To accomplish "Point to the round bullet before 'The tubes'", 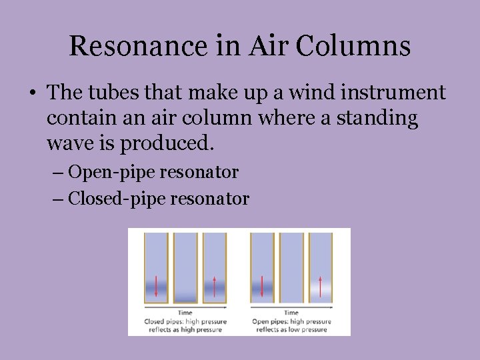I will (x=32, y=93).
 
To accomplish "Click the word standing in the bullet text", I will (x=378, y=119).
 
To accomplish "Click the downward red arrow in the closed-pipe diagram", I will (x=156, y=285).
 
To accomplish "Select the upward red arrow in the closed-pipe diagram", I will (x=214, y=285).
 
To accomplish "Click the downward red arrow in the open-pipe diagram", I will (x=262, y=285).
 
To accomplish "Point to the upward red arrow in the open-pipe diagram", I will (x=320, y=285).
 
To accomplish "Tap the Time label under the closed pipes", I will (x=185, y=313).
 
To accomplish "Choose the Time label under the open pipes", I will (x=291, y=313).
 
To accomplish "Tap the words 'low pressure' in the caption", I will (x=309, y=329).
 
